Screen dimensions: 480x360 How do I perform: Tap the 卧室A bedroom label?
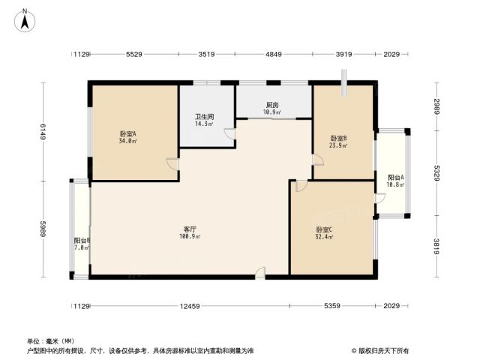(x=127, y=133)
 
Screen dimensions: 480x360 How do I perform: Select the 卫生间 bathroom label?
(x=204, y=117)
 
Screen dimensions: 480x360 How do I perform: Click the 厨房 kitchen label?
(x=272, y=105)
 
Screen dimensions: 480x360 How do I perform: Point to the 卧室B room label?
(x=338, y=138)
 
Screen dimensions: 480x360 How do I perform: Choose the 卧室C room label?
(x=324, y=229)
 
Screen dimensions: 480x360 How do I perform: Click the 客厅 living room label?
(x=190, y=229)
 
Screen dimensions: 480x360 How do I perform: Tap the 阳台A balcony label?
(x=396, y=178)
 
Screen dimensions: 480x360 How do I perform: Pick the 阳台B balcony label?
(x=82, y=241)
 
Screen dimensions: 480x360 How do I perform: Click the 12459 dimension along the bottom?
(x=190, y=306)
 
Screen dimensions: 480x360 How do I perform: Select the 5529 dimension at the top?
(x=134, y=54)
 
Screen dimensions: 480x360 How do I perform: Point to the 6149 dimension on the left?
(x=43, y=132)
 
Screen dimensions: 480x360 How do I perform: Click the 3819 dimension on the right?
(x=436, y=247)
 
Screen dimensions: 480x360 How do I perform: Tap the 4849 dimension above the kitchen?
(x=273, y=54)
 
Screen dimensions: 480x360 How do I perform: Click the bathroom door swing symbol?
(x=230, y=133)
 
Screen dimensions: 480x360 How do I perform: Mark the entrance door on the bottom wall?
(x=260, y=273)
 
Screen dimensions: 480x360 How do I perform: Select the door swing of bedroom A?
(x=172, y=164)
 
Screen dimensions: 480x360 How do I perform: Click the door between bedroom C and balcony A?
(x=379, y=198)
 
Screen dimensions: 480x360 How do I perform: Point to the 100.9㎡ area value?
(x=190, y=236)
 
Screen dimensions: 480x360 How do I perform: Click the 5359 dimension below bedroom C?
(x=332, y=306)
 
